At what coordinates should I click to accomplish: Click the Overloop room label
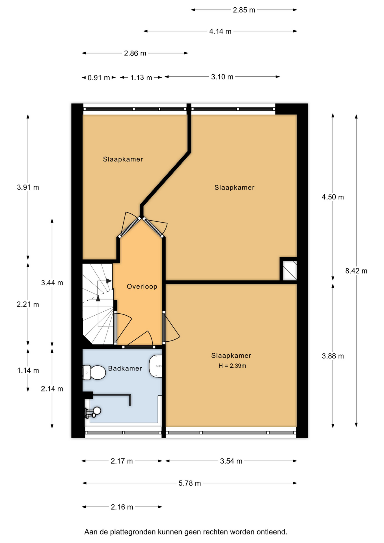coord(142,286)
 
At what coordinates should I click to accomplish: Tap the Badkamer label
coord(125,368)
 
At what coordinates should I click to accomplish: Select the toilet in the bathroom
coord(94,372)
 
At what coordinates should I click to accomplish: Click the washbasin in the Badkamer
coord(156,366)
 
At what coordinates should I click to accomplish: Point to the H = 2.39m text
coord(232,366)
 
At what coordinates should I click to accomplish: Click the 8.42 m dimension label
coord(356,271)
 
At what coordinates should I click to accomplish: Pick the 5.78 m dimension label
coord(190,483)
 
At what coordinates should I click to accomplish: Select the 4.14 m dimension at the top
coord(220,31)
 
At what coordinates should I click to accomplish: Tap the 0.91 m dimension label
coord(99,77)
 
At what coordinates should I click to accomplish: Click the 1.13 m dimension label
coord(141,77)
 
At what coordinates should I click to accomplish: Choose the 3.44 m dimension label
coord(52,283)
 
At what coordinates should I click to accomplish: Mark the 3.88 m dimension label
coord(333,356)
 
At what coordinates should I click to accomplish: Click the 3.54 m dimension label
coord(231,461)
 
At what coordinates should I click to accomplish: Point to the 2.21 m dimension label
coord(28,305)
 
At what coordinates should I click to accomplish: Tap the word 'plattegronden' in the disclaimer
coord(133,532)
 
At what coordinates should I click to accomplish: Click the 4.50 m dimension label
coord(333,197)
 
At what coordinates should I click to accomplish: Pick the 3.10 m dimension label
coord(222,77)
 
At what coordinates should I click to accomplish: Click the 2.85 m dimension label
coord(244,10)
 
